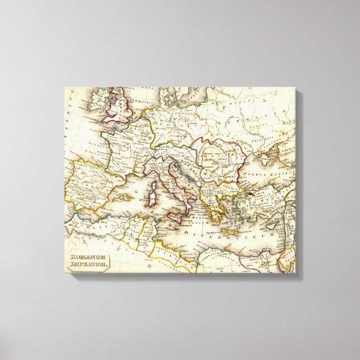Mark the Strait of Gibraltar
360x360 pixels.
pyautogui.click(x=80, y=211)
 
